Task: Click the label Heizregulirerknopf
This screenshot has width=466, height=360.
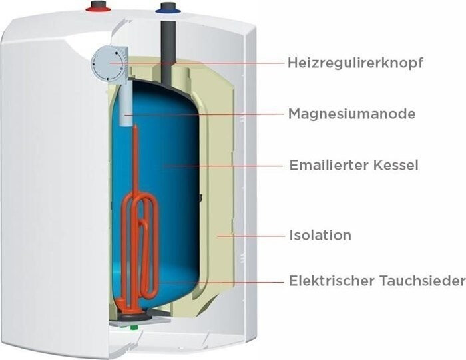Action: point(355,63)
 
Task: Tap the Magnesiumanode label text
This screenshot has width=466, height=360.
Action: point(351,114)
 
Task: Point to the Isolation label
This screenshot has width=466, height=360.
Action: point(320,235)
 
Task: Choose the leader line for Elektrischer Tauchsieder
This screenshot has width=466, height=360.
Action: point(220,281)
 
